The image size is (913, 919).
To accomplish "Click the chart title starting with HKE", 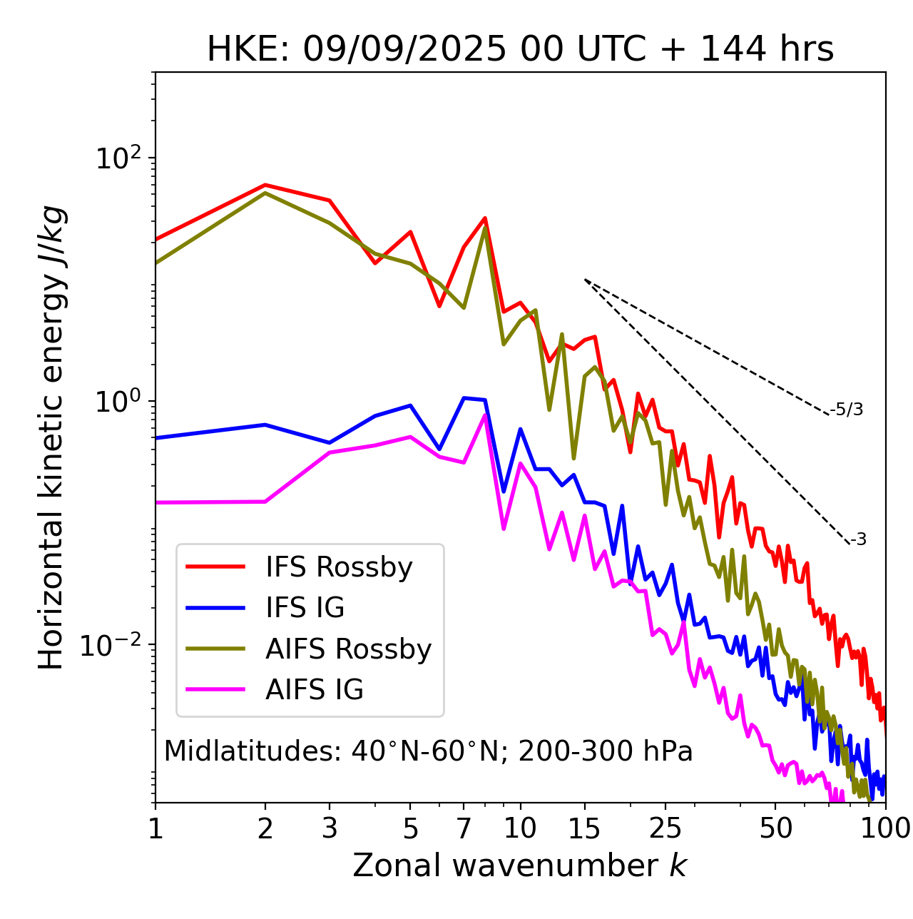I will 520,49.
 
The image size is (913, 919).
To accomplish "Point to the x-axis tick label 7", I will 464,828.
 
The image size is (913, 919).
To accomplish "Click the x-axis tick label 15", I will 585,828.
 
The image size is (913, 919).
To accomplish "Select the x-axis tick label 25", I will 665,828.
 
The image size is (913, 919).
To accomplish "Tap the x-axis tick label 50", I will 775,828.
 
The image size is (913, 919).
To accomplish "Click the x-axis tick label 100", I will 885,828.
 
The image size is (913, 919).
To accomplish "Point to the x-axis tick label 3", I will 330,828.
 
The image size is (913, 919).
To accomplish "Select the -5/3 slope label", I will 847,410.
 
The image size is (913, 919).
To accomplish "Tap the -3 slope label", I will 858,540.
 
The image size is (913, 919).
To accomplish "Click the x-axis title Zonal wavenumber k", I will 520,865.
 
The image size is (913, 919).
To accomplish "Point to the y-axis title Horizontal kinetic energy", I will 52,437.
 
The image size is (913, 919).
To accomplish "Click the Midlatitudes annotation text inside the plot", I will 428,751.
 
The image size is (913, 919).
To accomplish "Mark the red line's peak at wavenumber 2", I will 265,185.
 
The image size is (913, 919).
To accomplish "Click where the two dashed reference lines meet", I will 585,280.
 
